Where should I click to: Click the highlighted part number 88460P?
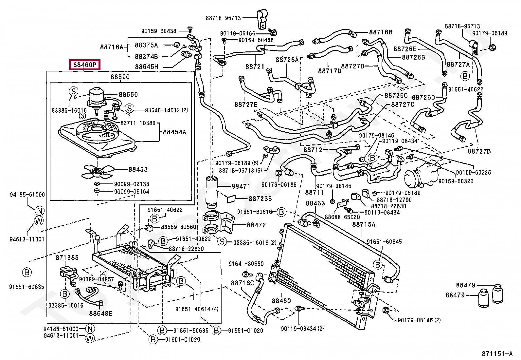coord(85,65)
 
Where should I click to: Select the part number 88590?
coord(120,77)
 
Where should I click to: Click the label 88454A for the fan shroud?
coord(174,132)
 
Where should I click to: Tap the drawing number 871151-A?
coord(497,354)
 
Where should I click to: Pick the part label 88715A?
coord(364,224)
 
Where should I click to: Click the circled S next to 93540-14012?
coord(129,108)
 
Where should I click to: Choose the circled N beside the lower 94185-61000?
coord(90,329)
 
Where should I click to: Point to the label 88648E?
coord(100,313)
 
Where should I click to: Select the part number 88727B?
coord(479,151)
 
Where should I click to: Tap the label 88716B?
coord(381,32)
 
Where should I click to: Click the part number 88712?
coord(313,150)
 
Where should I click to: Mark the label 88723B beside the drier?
coord(260,199)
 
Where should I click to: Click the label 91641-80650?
coord(246,264)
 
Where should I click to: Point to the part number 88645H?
coord(147,67)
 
